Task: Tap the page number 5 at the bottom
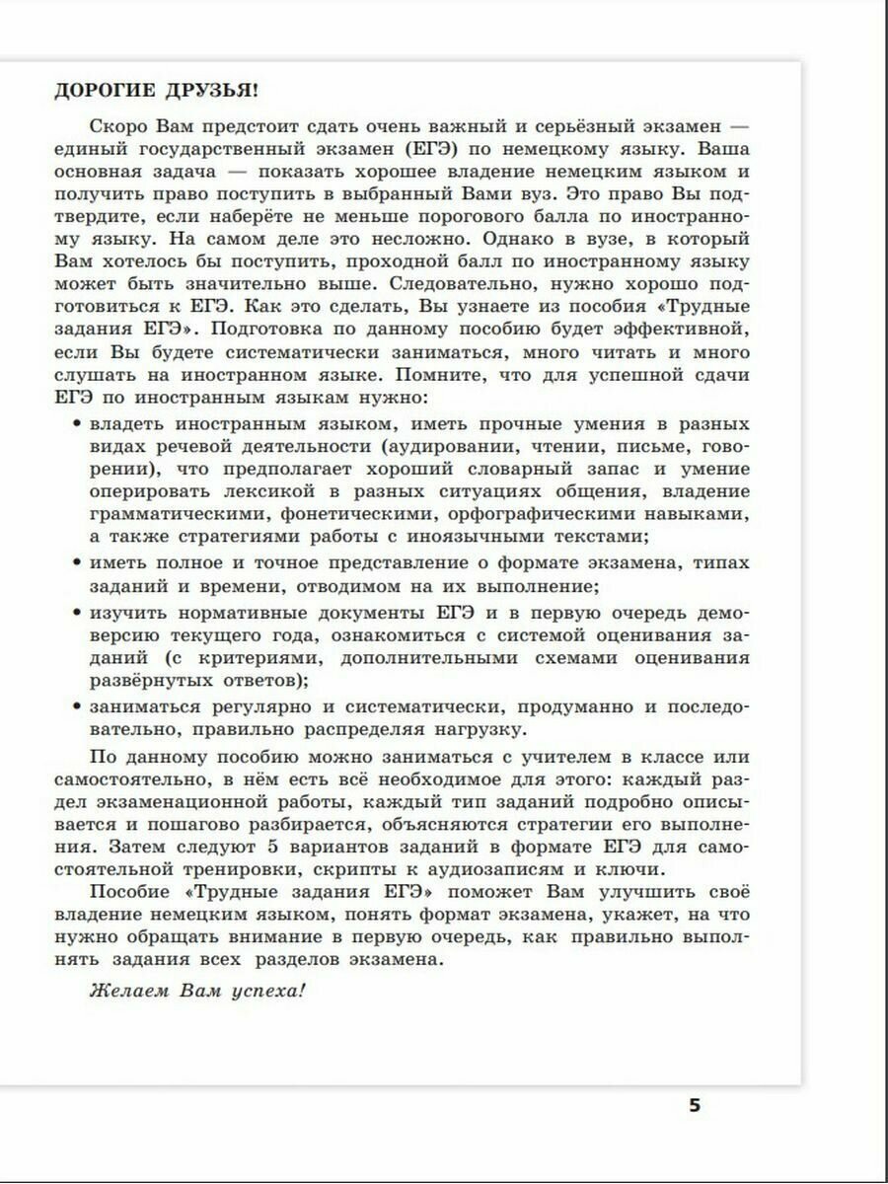tap(694, 1105)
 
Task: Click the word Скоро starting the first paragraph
tap(115, 127)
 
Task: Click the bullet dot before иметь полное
tap(76, 563)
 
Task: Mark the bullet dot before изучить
tap(76, 613)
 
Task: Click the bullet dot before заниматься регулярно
tap(76, 707)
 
